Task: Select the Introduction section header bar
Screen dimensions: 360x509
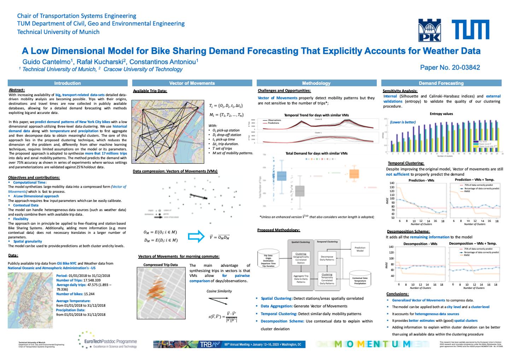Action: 68,83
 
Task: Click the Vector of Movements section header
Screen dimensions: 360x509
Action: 192,83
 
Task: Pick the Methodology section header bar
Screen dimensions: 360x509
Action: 316,83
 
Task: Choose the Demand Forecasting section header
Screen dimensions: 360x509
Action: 441,83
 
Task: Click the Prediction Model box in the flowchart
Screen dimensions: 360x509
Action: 360,250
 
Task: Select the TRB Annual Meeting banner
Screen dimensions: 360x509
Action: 229,344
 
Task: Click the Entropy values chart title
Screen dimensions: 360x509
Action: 441,114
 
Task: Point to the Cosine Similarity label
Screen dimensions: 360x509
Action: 219,291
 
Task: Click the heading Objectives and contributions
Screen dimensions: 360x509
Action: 34,178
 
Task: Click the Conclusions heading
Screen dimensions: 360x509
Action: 398,294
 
